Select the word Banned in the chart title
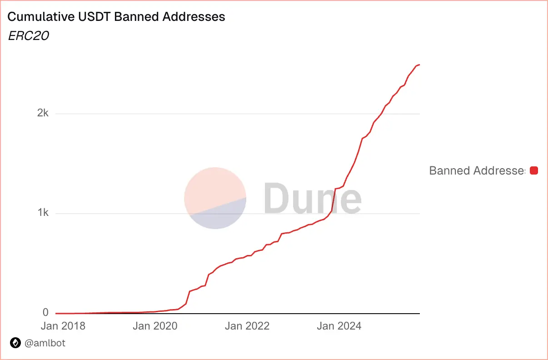[135, 17]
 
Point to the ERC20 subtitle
[28, 36]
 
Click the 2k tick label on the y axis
[43, 113]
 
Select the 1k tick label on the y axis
[43, 213]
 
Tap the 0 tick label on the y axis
[45, 313]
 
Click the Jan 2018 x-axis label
[63, 326]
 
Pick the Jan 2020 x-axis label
[155, 326]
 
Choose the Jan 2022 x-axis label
[247, 326]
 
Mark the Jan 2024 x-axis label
[339, 326]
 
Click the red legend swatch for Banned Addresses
[534, 170]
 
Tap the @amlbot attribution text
[45, 343]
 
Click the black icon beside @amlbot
[15, 343]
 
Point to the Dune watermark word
[313, 198]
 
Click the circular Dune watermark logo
[215, 198]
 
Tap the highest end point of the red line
[419, 65]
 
